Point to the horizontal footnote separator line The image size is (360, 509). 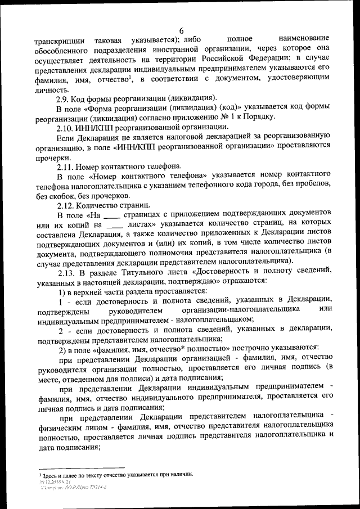(x=81, y=467)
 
